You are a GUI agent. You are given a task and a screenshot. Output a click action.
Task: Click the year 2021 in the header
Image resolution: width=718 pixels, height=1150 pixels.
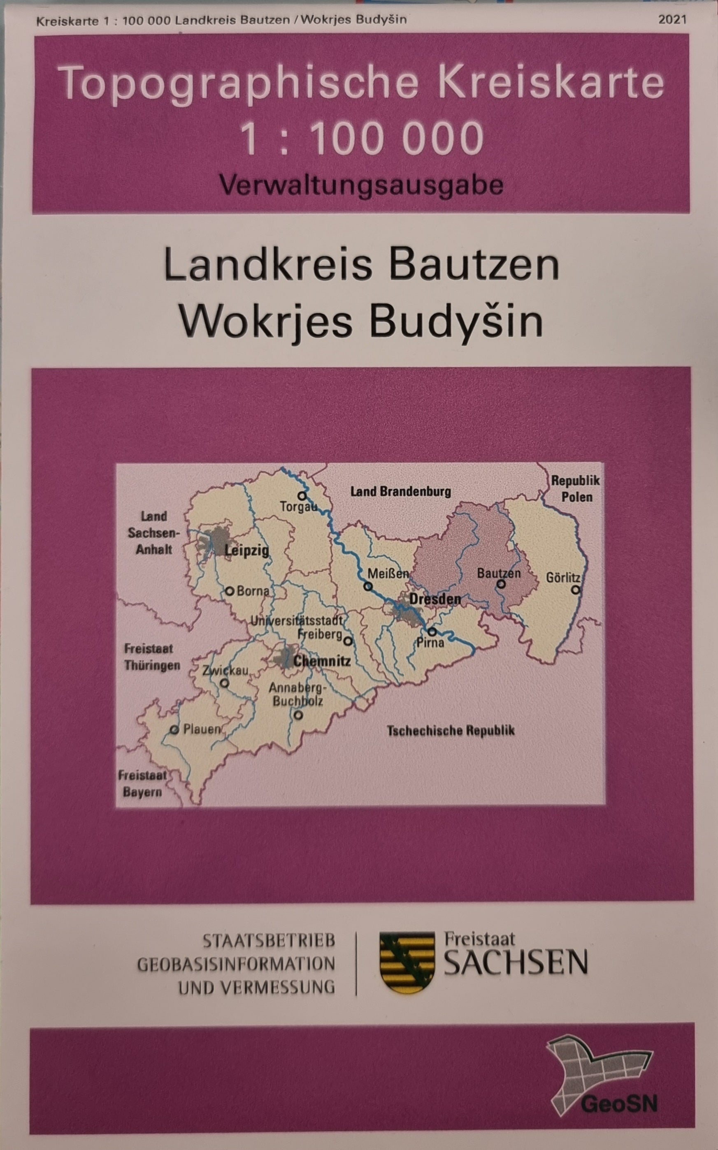pos(672,20)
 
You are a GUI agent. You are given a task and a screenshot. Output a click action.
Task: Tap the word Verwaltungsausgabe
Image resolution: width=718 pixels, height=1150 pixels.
pos(361,185)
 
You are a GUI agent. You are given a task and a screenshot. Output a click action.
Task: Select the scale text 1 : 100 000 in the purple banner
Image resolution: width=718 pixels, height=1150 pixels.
pos(362,138)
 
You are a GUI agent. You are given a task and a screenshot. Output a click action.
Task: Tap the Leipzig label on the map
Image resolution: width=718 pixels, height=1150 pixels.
pos(246,551)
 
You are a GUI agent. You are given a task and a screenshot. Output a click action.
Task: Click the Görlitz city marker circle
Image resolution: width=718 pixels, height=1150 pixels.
pos(576,590)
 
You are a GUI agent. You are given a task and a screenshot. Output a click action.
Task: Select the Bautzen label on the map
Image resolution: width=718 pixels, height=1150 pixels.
pos(499,573)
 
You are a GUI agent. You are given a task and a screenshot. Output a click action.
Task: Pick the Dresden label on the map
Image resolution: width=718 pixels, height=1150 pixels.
pos(435,599)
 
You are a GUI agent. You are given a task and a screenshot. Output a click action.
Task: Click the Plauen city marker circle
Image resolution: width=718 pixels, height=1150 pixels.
pos(175,730)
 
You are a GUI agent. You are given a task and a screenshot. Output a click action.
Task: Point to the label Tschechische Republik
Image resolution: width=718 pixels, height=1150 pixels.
pos(451,730)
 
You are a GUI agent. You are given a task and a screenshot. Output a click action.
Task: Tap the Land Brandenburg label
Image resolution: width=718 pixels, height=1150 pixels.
pos(400,491)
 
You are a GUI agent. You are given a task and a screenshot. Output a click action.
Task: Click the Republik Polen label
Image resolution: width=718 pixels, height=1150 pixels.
pos(576,488)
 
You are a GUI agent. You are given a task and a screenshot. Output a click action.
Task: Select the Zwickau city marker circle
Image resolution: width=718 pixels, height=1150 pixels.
pos(225,684)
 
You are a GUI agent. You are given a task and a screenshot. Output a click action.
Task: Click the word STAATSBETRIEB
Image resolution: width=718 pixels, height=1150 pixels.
pos(269,941)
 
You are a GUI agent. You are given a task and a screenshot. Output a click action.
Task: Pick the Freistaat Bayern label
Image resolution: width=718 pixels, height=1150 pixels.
pos(142,784)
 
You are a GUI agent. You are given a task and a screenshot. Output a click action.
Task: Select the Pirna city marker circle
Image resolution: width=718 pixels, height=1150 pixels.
pos(432,632)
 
